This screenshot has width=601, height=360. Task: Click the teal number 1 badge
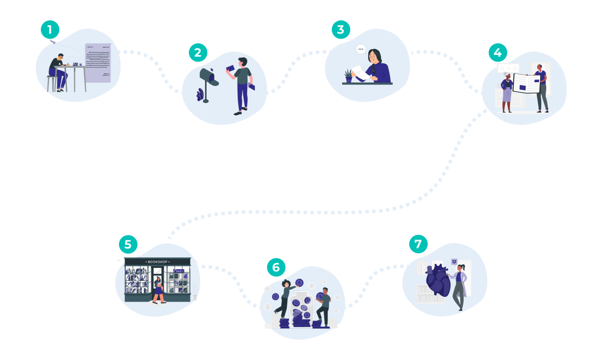[50, 29]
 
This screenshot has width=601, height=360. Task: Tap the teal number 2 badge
[198, 53]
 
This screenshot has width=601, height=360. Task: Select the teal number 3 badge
[341, 30]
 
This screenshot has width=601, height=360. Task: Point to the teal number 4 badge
[498, 53]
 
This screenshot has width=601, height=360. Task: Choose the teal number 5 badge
[128, 244]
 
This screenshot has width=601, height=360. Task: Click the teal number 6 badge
[276, 267]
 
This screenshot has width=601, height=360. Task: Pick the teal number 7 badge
[418, 244]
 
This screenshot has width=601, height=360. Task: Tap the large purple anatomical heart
[438, 280]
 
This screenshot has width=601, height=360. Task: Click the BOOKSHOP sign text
[157, 262]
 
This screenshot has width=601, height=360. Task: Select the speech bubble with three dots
[361, 49]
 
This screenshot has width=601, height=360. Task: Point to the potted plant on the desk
[349, 75]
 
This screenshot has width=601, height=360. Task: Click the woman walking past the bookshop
[159, 290]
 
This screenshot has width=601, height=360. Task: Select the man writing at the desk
[59, 71]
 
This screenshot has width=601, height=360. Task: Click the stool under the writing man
[51, 83]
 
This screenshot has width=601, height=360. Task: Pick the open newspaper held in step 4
[526, 83]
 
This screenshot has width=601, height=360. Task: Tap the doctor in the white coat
[459, 287]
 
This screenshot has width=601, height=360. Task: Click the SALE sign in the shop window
[178, 271]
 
